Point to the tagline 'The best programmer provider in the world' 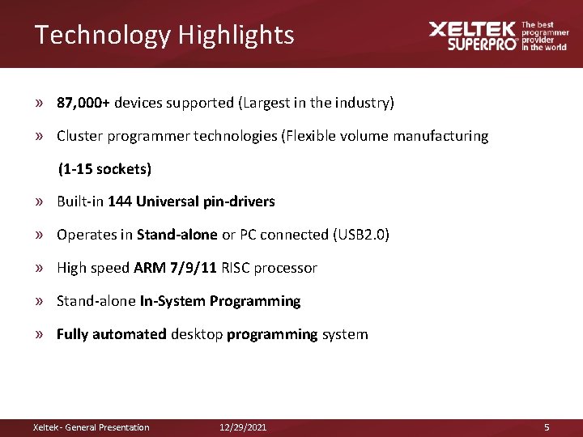point(544,36)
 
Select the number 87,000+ point(83,103)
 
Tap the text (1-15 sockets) point(104,169)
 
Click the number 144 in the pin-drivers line point(119,202)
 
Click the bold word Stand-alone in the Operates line point(177,235)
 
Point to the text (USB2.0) point(361,235)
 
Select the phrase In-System point(172,301)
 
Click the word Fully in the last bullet point(72,334)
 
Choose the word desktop point(197,334)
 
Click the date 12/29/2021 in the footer point(243,427)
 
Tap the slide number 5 point(547,427)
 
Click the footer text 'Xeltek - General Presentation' point(91,427)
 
